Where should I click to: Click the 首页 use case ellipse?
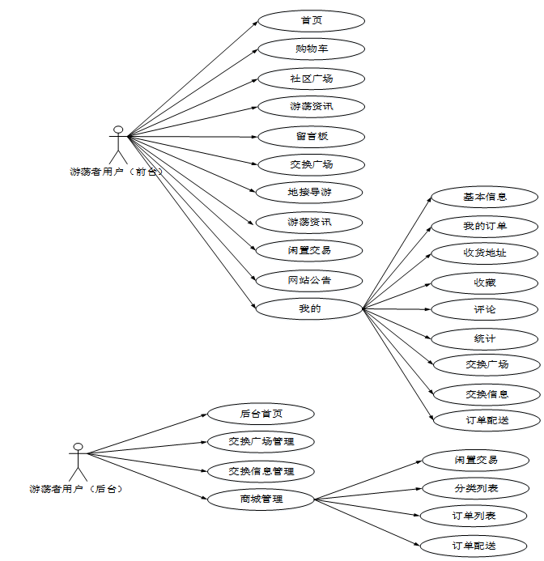(311, 20)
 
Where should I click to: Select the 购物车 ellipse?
(311, 49)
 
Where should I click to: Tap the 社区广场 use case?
(311, 79)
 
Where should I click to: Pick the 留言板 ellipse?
(311, 136)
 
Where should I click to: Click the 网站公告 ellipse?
(309, 280)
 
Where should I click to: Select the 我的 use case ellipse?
(309, 308)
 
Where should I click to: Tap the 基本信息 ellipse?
(485, 197)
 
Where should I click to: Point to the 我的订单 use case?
(485, 225)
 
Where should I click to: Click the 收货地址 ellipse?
(485, 253)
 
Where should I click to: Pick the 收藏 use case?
(485, 283)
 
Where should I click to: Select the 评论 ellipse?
(485, 309)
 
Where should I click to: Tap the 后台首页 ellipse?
(261, 414)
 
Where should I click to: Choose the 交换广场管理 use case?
(261, 442)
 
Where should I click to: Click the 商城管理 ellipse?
(261, 499)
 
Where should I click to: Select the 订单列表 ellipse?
(474, 516)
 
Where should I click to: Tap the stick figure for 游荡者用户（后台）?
(78, 462)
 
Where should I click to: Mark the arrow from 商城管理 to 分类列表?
(368, 494)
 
